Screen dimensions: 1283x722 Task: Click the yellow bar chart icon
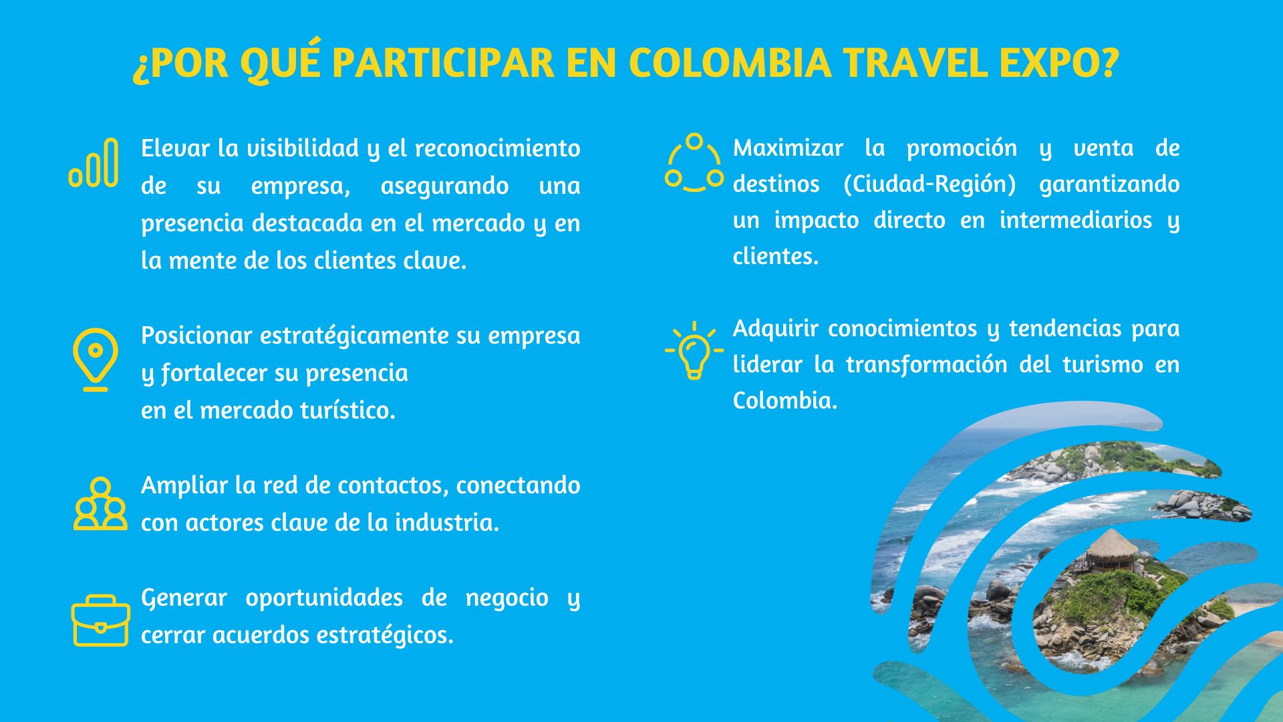pyautogui.click(x=94, y=162)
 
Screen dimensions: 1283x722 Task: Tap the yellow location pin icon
pyautogui.click(x=96, y=359)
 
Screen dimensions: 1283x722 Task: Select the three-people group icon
pyautogui.click(x=100, y=504)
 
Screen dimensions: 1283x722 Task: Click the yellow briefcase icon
pyautogui.click(x=100, y=620)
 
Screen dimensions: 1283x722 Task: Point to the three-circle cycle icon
pyautogui.click(x=694, y=162)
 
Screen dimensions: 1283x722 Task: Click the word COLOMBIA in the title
pyautogui.click(x=730, y=63)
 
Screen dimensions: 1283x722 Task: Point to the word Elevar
pyautogui.click(x=175, y=148)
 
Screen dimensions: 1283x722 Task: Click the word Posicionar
pyautogui.click(x=196, y=335)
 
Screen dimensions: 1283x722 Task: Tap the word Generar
pyautogui.click(x=184, y=597)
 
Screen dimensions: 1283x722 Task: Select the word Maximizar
pyautogui.click(x=788, y=148)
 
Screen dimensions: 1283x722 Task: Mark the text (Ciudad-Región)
pyautogui.click(x=930, y=184)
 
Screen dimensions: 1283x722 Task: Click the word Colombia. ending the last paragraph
pyautogui.click(x=785, y=400)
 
